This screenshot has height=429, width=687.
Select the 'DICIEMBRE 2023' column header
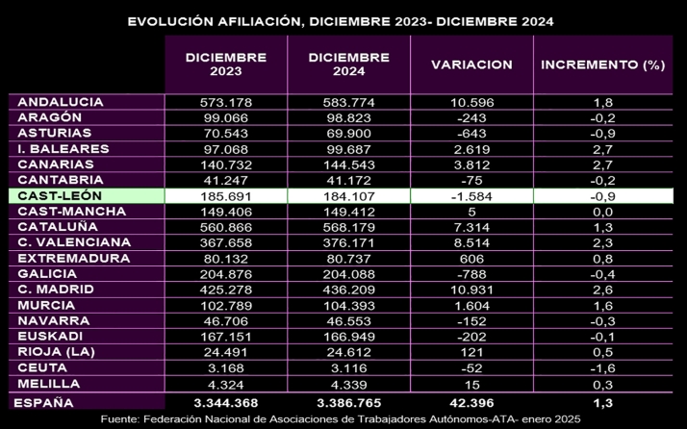click(226, 63)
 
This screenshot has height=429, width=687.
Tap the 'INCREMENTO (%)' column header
click(603, 64)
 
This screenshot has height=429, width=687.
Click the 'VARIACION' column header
click(471, 64)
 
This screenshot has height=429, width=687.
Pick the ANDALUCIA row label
click(62, 102)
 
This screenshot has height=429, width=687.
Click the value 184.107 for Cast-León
click(348, 195)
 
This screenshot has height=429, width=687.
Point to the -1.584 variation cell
click(471, 195)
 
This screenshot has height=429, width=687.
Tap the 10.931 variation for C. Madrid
click(471, 290)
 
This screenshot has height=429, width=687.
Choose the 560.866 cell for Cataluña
click(226, 227)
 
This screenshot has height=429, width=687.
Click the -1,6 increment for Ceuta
click(603, 367)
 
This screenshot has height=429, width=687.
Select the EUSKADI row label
click(49, 337)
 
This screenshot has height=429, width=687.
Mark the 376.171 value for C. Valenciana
click(348, 242)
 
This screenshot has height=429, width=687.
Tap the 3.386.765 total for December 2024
click(348, 402)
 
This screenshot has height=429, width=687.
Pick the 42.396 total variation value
click(471, 402)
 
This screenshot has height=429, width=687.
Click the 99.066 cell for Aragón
click(226, 117)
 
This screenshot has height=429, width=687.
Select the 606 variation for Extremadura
click(471, 258)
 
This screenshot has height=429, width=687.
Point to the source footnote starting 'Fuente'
click(343, 420)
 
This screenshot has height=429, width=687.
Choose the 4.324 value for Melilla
click(226, 384)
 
